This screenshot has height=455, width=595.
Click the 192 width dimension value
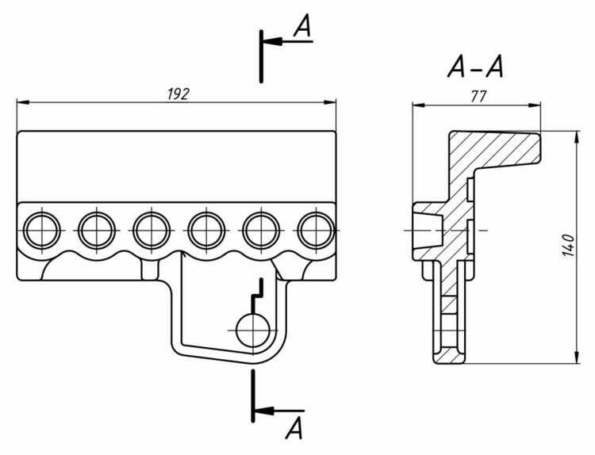pyautogui.click(x=177, y=94)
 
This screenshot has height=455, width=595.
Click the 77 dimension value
pyautogui.click(x=478, y=96)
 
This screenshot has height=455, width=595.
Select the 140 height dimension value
pyautogui.click(x=565, y=246)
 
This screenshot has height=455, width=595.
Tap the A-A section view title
pyautogui.click(x=474, y=70)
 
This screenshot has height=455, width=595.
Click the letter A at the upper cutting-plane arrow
pyautogui.click(x=301, y=28)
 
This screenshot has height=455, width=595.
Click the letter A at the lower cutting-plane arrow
pyautogui.click(x=294, y=429)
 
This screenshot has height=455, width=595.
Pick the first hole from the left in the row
pyautogui.click(x=40, y=230)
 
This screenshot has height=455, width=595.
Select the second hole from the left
pyautogui.click(x=94, y=230)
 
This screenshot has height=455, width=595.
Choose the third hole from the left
pyautogui.click(x=149, y=230)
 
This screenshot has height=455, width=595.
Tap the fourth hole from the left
pyautogui.click(x=204, y=230)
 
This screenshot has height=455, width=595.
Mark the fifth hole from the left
pyautogui.click(x=259, y=230)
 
